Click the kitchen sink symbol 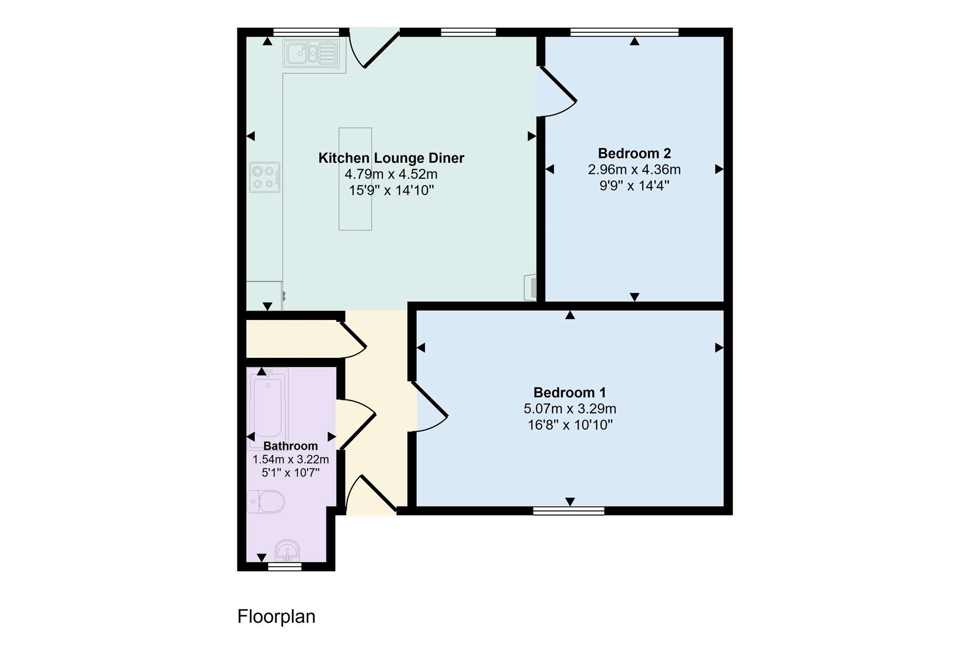click(312, 53)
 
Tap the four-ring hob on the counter click(265, 177)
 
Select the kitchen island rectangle click(355, 179)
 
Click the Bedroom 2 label click(635, 153)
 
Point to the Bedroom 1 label click(570, 392)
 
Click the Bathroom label click(290, 446)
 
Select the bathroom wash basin click(287, 550)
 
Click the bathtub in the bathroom click(268, 408)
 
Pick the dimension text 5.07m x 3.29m click(570, 408)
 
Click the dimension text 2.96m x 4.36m click(635, 169)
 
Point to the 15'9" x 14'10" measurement click(392, 190)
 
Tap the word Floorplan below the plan click(276, 617)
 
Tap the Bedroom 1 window click(569, 511)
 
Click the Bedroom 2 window click(624, 32)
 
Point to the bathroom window click(284, 567)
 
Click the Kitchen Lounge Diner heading click(392, 158)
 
